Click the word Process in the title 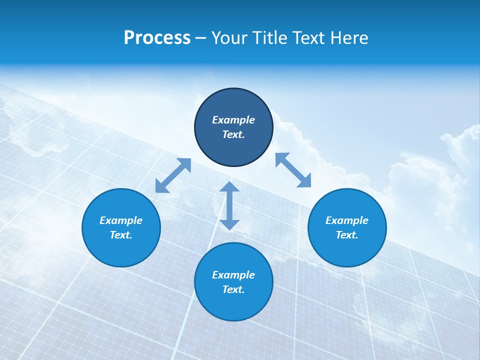[157, 38]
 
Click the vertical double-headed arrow [229, 206]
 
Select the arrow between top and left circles [173, 175]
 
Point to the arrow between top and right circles [293, 170]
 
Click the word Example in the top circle [233, 120]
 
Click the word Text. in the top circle [233, 134]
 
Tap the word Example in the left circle [121, 220]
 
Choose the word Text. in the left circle [121, 235]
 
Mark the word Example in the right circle [347, 220]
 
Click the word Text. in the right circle [347, 235]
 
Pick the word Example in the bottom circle [233, 275]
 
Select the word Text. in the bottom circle [233, 289]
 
